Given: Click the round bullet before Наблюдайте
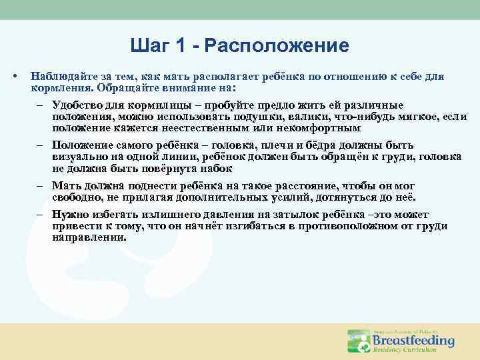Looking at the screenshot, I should (15, 77).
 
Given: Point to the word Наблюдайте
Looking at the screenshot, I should (61, 77).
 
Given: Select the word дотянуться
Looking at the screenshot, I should (352, 197).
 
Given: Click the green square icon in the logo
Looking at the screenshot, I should (357, 341).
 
